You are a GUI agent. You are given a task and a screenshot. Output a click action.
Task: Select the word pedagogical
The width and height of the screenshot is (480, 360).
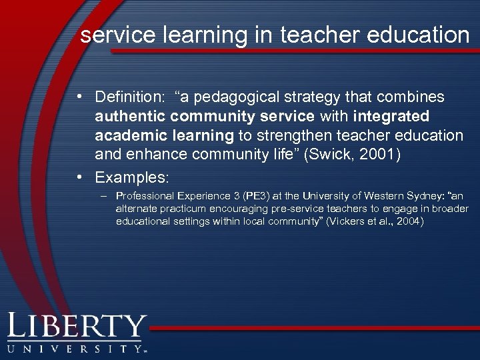233,97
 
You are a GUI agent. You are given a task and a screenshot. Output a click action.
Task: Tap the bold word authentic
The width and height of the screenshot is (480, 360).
130,117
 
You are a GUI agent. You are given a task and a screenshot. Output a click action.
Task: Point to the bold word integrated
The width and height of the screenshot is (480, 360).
391,117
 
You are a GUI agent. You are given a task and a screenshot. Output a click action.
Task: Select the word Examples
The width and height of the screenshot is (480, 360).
131,178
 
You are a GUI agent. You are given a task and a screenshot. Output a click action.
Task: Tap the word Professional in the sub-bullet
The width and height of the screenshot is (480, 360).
143,197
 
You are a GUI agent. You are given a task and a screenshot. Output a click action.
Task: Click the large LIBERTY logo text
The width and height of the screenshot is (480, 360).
76,327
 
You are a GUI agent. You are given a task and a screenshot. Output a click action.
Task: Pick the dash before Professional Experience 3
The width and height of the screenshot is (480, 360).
102,197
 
